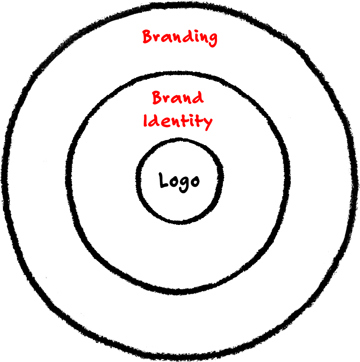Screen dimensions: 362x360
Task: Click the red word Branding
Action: [x=180, y=37]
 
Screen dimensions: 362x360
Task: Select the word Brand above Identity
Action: [x=177, y=98]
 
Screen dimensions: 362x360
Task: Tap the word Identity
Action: [x=177, y=121]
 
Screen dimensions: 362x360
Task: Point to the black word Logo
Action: [x=179, y=181]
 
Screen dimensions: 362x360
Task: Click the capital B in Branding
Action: [x=147, y=36]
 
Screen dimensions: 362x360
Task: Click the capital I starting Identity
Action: [x=146, y=121]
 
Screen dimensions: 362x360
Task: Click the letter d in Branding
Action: [x=185, y=36]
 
